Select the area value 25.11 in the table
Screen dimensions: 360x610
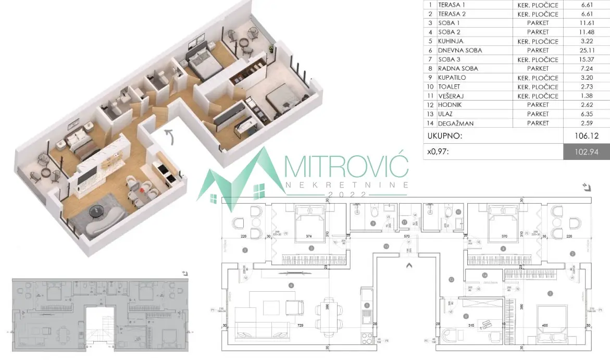[x=587, y=51]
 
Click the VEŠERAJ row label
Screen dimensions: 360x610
[x=451, y=96]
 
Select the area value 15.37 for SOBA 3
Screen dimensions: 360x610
[x=587, y=59]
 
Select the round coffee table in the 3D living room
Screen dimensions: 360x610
[x=97, y=210]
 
